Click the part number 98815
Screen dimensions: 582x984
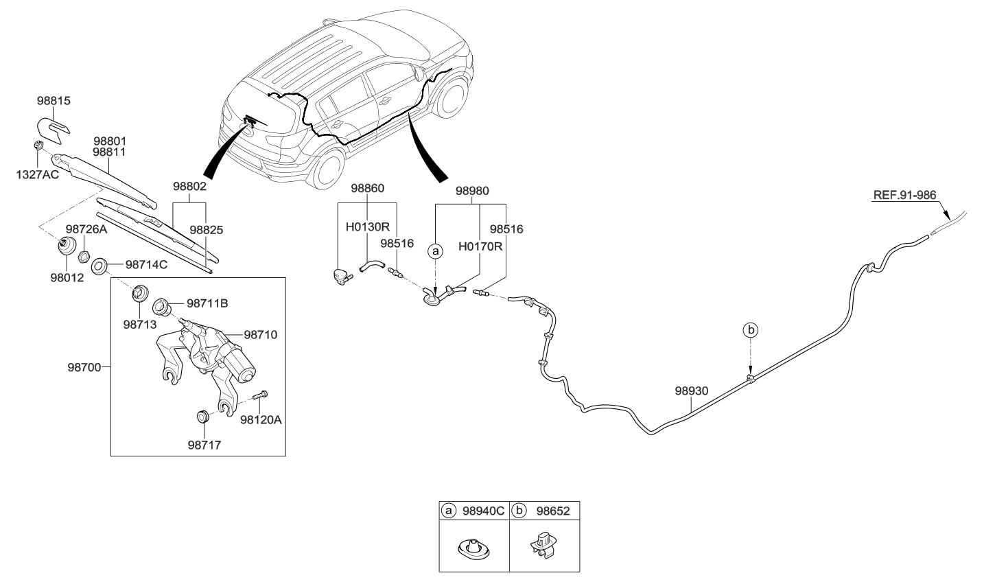[54, 101]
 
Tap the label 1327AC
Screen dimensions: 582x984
[38, 174]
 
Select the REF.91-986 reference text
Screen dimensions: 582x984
[904, 195]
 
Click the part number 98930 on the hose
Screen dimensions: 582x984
[691, 391]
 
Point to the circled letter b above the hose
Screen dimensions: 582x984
[751, 330]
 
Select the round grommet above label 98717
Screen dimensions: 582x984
[202, 417]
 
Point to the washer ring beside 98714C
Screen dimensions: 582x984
[98, 264]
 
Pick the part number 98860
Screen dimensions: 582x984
[368, 188]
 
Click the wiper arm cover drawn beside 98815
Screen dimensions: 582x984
[52, 128]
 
